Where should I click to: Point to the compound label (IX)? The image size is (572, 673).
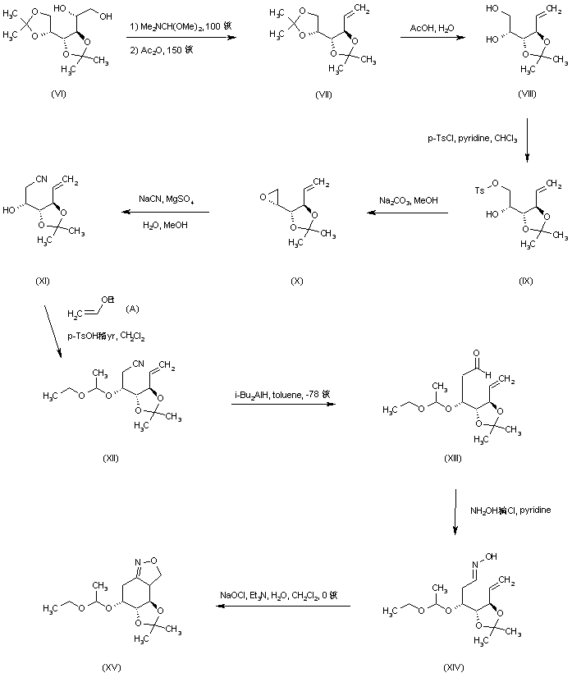(526, 281)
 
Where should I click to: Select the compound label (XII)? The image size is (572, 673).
(110, 457)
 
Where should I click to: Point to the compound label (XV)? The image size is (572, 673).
(111, 667)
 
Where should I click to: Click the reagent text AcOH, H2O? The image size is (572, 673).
(435, 29)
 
